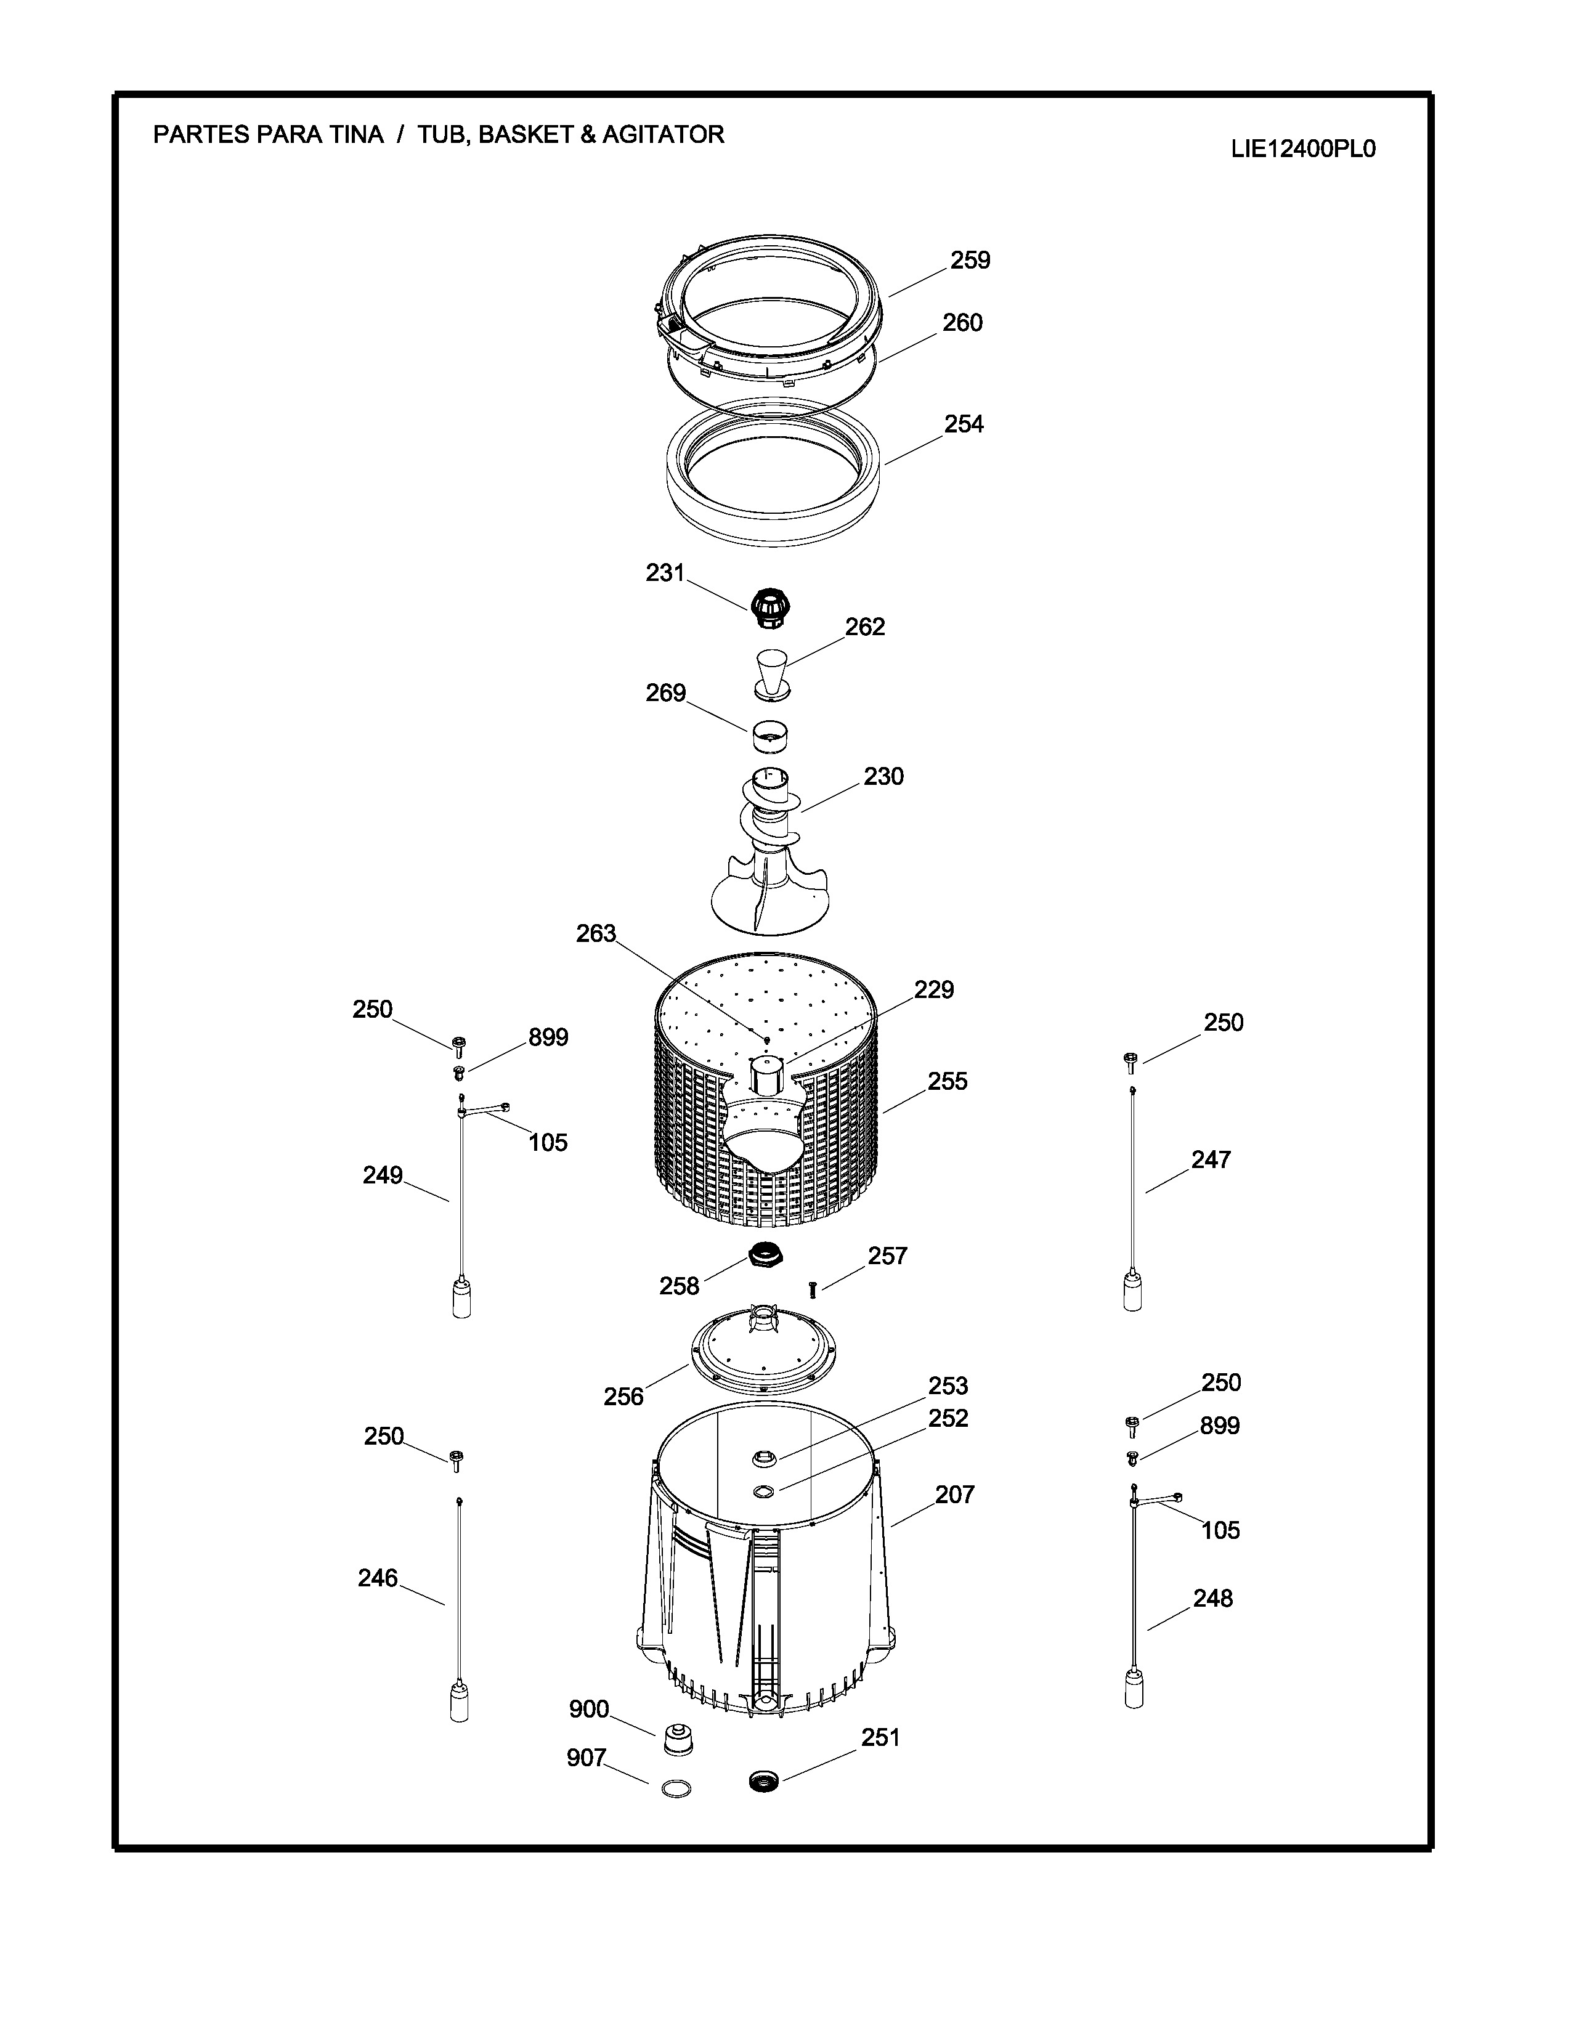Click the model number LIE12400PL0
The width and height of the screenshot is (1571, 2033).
[x=1303, y=150]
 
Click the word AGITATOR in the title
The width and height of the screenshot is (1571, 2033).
[x=663, y=135]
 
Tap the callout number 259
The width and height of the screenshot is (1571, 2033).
[x=970, y=261]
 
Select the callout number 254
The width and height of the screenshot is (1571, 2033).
[x=964, y=424]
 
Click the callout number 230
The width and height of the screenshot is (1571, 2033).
[x=883, y=776]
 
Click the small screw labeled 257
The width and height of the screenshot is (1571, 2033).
[x=813, y=1289]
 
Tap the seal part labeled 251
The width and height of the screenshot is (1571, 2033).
[x=763, y=1782]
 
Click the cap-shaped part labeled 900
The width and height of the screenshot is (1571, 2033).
[x=678, y=1739]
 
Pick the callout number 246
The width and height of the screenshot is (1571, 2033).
[x=378, y=1578]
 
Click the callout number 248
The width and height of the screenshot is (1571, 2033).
[x=1212, y=1598]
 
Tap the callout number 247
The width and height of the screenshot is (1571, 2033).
[x=1211, y=1160]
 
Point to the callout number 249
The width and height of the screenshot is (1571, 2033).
[x=383, y=1175]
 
